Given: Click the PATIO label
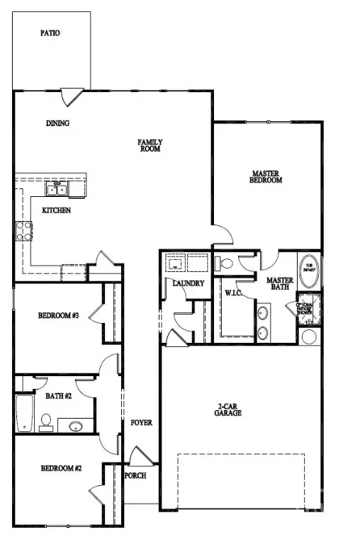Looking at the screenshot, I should coord(50,33).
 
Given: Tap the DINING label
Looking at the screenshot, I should coord(58,123).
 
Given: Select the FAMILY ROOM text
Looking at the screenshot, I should coord(150,146).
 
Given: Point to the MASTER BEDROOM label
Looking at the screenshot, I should coord(266,176).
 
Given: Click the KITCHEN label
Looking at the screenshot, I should coord(56,210).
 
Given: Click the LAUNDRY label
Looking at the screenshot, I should coord(189,283).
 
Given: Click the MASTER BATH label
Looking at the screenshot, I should coord(280,285).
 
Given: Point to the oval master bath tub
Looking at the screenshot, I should coord(309,270).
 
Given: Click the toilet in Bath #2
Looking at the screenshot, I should coord(45,424).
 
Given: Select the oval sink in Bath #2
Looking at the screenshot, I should coord(76,426).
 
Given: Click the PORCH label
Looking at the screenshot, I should coord(136,475).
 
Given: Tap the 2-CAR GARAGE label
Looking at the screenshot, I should coord(228,409).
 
